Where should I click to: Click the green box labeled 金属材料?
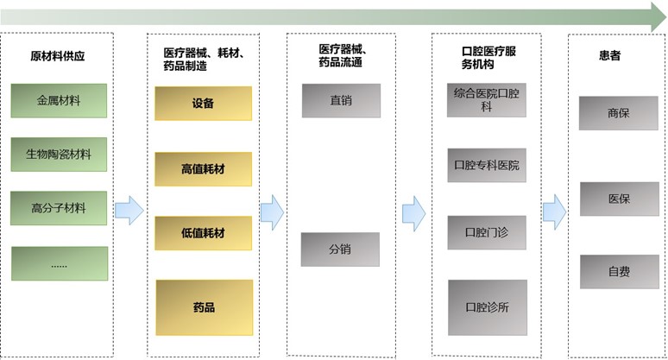[59, 101]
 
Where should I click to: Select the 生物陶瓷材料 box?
[59, 155]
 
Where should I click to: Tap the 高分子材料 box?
[59, 208]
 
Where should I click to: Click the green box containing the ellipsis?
[59, 263]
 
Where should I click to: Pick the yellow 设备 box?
[203, 104]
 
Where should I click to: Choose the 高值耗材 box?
[203, 169]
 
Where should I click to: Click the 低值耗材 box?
[203, 233]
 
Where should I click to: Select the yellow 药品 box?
[203, 307]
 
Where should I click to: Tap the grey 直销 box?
[340, 100]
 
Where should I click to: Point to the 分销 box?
[340, 249]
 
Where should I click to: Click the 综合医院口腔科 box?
[486, 99]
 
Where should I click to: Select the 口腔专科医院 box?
[486, 165]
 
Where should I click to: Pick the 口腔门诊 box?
[486, 232]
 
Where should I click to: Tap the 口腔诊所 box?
[486, 306]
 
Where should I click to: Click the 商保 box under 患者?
[619, 113]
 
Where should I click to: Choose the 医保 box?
[619, 199]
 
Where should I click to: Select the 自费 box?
[619, 272]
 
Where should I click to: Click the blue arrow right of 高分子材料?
[129, 210]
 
